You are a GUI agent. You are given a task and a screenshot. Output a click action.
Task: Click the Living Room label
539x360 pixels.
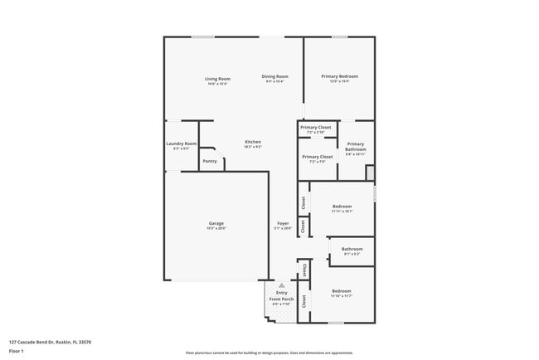point(217,79)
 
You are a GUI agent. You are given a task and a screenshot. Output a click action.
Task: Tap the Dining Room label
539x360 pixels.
point(275,76)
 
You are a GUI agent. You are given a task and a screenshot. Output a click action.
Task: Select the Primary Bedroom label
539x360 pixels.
point(339,76)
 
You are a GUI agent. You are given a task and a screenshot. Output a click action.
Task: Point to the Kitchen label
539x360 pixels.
point(253,142)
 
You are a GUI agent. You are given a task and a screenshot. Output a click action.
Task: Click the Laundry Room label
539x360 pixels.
point(181,144)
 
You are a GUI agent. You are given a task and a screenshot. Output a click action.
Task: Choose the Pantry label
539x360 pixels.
point(210,161)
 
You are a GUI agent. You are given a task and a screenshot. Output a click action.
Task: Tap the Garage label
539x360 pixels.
point(216,223)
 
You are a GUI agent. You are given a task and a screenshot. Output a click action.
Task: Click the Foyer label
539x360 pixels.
point(283,223)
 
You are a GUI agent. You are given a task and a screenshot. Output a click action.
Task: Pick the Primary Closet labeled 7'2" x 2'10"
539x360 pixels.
point(315,128)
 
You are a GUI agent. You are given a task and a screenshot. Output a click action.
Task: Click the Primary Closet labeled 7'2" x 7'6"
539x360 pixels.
point(317,157)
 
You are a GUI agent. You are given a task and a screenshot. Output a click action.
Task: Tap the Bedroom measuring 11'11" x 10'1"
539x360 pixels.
point(342,206)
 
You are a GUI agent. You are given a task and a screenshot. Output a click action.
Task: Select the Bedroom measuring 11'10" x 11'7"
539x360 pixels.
point(342,291)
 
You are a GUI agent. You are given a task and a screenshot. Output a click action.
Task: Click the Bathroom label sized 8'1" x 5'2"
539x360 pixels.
point(352,249)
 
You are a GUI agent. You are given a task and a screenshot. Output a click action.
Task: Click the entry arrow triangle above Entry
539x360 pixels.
point(281,285)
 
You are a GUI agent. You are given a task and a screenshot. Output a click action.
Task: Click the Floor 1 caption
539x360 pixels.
point(17,351)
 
